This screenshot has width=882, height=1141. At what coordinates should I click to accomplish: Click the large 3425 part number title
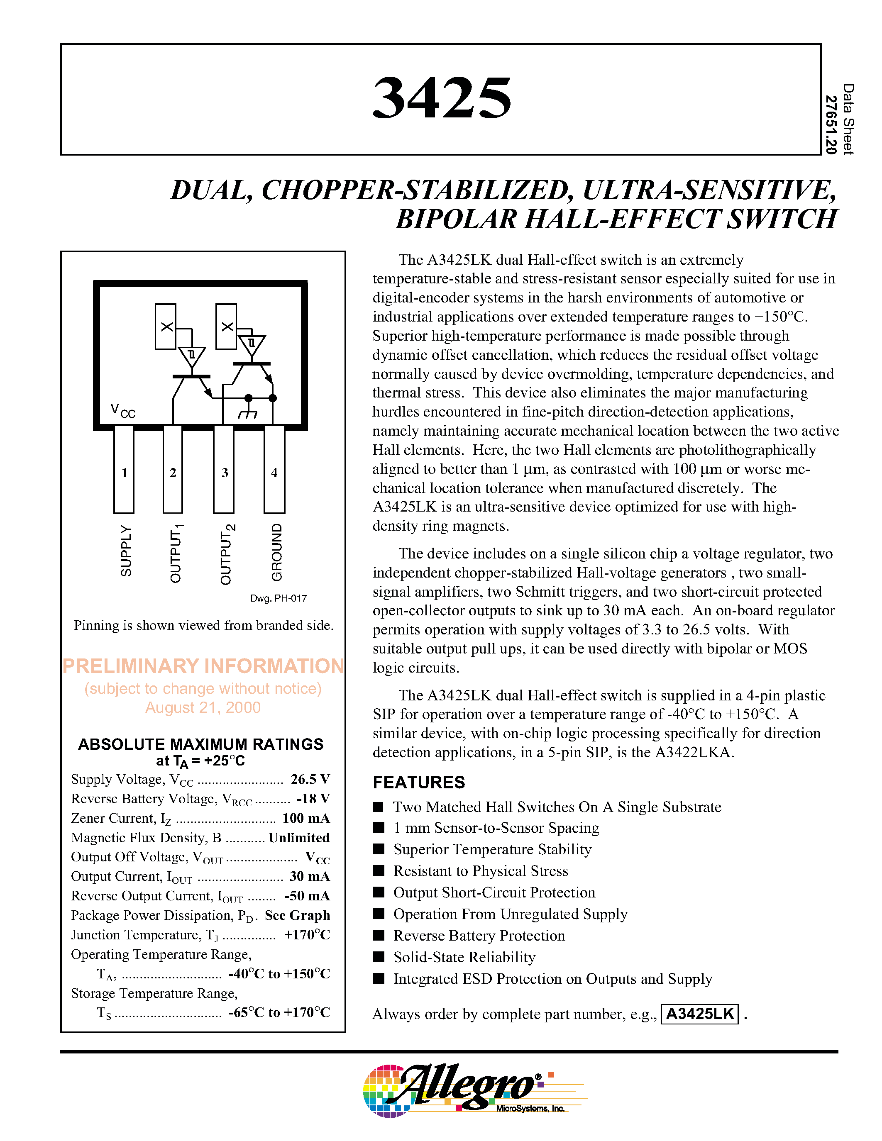pyautogui.click(x=442, y=98)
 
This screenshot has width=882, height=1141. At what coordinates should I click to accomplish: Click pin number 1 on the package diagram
pyautogui.click(x=125, y=473)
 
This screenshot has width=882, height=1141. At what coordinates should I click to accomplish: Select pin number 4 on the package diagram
pyautogui.click(x=274, y=473)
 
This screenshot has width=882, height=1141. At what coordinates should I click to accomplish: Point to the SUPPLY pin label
pyautogui.click(x=126, y=551)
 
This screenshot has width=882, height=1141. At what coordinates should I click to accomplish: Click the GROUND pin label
pyautogui.click(x=276, y=552)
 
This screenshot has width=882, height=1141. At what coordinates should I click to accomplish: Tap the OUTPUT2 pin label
pyautogui.click(x=227, y=554)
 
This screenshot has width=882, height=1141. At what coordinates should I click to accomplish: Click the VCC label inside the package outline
pyautogui.click(x=123, y=411)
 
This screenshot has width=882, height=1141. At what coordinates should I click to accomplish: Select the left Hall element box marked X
pyautogui.click(x=166, y=327)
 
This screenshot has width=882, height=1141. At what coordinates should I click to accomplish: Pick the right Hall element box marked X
pyautogui.click(x=226, y=327)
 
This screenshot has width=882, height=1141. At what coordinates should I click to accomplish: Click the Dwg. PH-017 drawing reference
pyautogui.click(x=278, y=598)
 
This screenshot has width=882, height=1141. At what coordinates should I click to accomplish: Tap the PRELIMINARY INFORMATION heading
pyautogui.click(x=203, y=666)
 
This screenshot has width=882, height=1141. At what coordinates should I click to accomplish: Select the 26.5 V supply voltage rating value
pyautogui.click(x=310, y=780)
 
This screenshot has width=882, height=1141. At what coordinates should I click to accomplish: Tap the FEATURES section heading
pyautogui.click(x=418, y=782)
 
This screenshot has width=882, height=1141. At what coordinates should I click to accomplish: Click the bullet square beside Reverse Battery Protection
pyautogui.click(x=378, y=935)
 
